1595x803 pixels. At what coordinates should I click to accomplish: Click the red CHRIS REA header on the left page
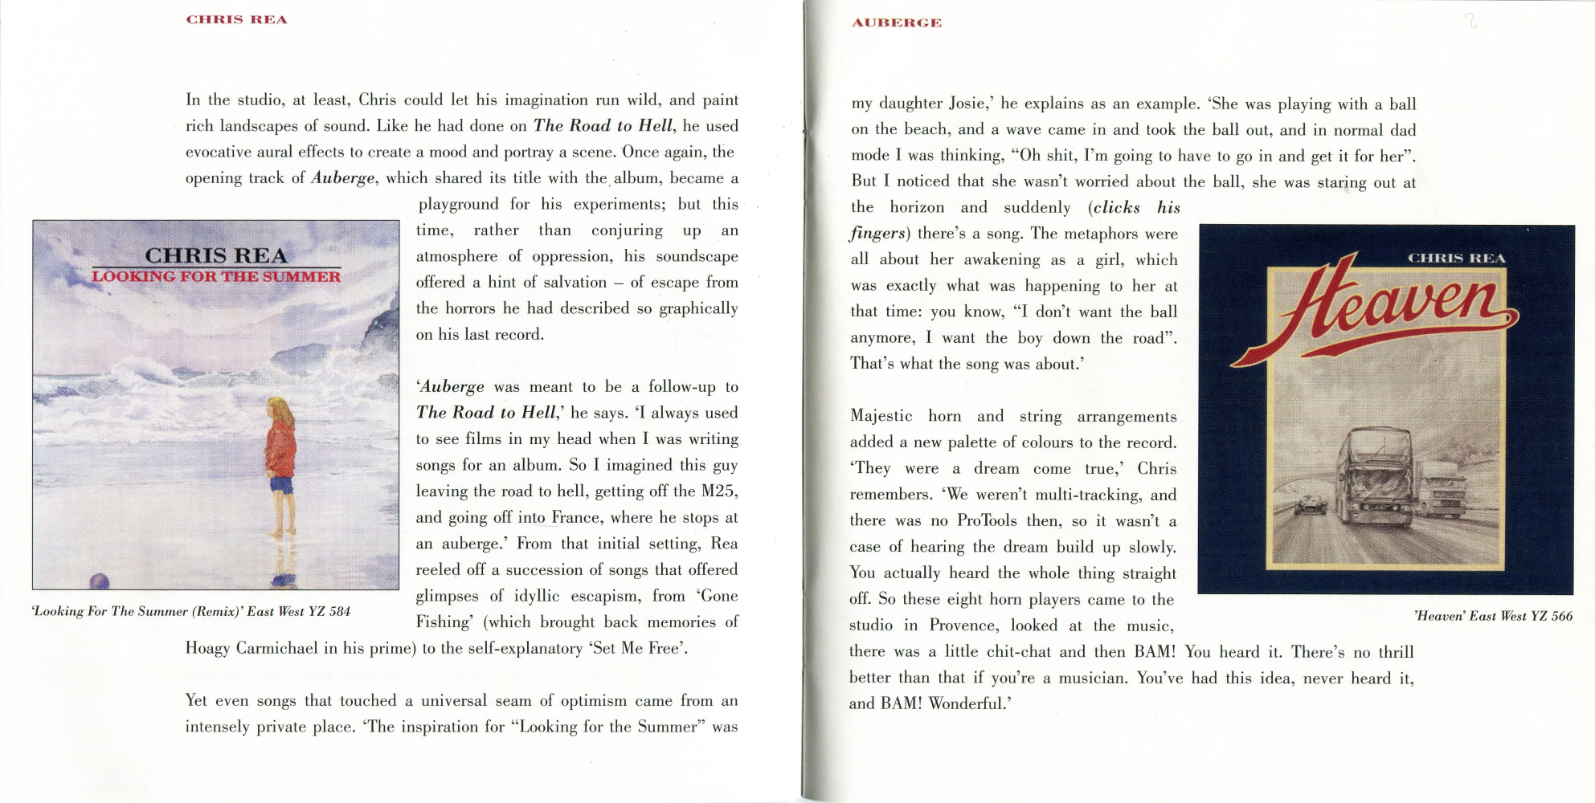236,19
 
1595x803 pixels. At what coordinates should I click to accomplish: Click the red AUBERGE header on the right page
896,22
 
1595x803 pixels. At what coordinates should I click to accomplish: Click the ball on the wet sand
99,581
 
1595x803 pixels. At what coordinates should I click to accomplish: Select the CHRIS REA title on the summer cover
215,255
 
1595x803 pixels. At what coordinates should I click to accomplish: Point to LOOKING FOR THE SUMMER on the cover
215,277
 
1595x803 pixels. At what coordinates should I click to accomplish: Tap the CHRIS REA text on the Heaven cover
1456,258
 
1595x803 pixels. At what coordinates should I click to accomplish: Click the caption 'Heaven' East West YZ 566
1492,616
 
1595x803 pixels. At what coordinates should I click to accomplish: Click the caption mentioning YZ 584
190,611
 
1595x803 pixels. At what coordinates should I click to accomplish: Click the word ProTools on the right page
987,520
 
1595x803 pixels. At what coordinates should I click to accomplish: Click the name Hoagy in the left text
207,648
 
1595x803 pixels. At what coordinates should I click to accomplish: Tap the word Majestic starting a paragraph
881,416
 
